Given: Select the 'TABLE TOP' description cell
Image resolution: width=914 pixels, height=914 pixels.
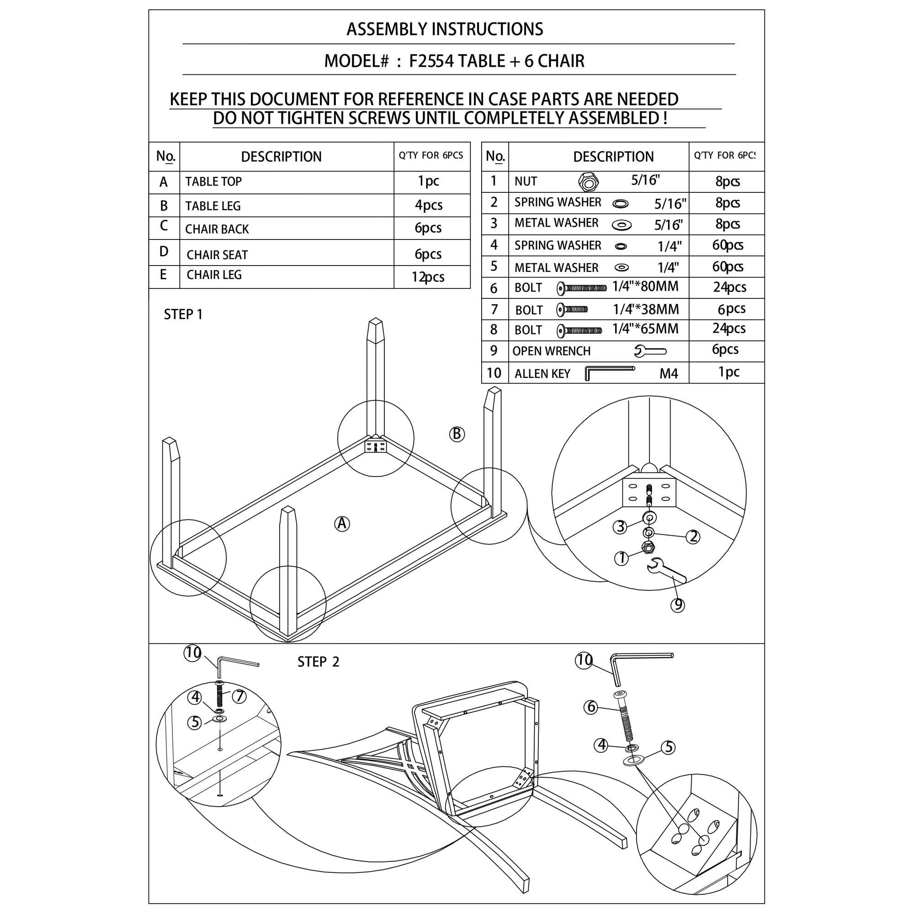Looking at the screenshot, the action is pyautogui.click(x=287, y=182).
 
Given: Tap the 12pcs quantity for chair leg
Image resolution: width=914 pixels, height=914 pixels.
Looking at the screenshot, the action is pyautogui.click(x=428, y=277).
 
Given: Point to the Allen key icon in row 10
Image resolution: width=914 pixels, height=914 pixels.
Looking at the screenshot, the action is pyautogui.click(x=609, y=373).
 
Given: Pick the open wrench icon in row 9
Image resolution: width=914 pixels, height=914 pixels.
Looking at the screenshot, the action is pyautogui.click(x=650, y=351).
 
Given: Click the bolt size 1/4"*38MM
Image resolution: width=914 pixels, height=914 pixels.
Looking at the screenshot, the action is pyautogui.click(x=646, y=309).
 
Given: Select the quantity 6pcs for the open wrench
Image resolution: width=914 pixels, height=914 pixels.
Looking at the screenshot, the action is pyautogui.click(x=725, y=350).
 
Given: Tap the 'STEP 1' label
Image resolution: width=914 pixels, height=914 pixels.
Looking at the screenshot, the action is pyautogui.click(x=183, y=314).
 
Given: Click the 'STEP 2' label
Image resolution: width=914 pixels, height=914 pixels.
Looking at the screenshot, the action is pyautogui.click(x=319, y=662).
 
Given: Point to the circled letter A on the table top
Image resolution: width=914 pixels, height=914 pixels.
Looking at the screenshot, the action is pyautogui.click(x=342, y=524).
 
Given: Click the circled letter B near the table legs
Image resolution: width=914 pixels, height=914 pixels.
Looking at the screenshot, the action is pyautogui.click(x=457, y=434).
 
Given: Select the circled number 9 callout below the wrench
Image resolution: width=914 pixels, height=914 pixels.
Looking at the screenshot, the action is pyautogui.click(x=677, y=605).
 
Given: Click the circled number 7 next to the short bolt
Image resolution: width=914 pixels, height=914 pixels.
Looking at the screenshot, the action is pyautogui.click(x=239, y=696).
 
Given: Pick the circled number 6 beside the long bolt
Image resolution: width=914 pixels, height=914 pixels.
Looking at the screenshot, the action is pyautogui.click(x=591, y=707).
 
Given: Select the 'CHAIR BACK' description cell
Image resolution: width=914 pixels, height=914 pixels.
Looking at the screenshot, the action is pyautogui.click(x=287, y=228).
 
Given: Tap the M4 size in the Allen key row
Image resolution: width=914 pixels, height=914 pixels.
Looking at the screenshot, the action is pyautogui.click(x=669, y=374).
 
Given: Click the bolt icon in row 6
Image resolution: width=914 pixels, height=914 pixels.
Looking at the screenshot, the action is pyautogui.click(x=581, y=287).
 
